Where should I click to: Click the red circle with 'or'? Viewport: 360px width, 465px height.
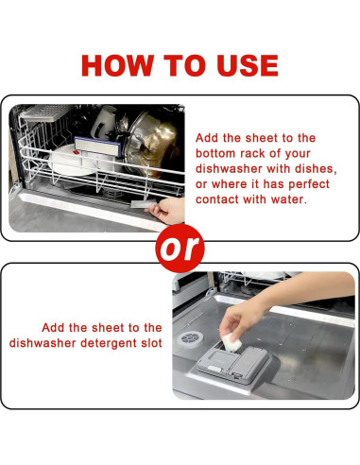[x=180, y=249]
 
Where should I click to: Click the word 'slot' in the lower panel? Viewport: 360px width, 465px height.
[x=151, y=343]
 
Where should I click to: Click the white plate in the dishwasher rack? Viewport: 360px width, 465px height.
[x=71, y=161]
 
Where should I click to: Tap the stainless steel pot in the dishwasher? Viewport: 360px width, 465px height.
[x=150, y=142]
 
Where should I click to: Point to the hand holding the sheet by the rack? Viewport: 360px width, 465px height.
[x=167, y=211]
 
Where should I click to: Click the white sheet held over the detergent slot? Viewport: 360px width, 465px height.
[x=231, y=342]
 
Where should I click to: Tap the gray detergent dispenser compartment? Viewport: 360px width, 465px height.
[x=233, y=365]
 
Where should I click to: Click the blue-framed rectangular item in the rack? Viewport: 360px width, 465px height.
[x=97, y=146]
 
